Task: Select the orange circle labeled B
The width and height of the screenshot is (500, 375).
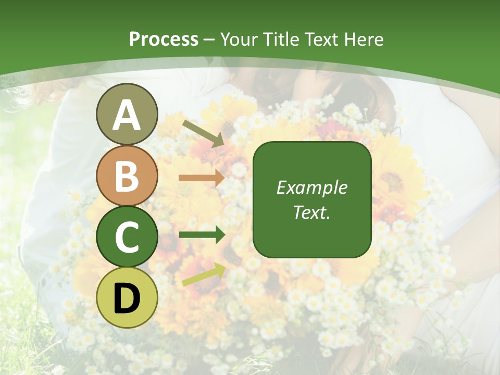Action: click(x=127, y=176)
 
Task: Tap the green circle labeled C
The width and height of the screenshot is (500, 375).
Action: click(x=127, y=237)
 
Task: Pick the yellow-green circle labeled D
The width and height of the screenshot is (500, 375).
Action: click(x=127, y=298)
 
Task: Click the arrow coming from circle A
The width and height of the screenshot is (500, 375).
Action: click(x=203, y=133)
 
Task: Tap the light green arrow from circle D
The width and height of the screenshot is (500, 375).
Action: click(x=203, y=274)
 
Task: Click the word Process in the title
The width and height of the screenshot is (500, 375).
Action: click(x=164, y=40)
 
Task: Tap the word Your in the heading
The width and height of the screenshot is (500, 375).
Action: click(x=239, y=40)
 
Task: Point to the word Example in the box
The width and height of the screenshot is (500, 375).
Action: click(x=311, y=187)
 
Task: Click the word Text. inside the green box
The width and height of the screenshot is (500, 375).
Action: click(x=311, y=213)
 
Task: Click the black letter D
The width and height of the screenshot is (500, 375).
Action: click(x=127, y=298)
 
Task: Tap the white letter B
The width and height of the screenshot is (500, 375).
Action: click(x=127, y=176)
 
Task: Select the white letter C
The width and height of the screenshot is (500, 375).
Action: click(x=127, y=237)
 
